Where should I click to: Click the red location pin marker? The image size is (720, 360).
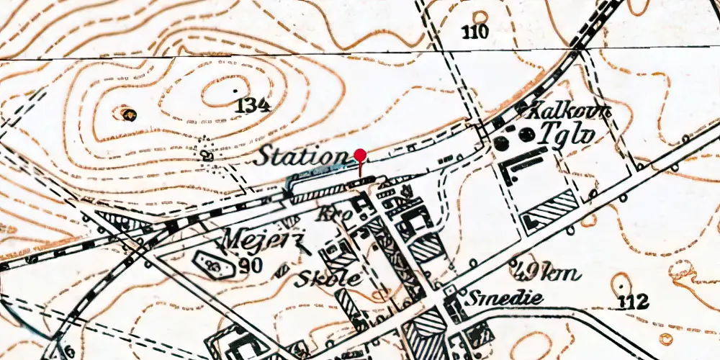tap(361, 155)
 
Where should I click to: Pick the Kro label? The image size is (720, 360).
tap(333, 214)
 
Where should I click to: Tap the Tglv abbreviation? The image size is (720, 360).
tap(570, 135)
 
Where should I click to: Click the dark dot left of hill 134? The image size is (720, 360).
tap(128, 113)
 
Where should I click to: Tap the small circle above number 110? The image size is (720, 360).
tap(480, 16)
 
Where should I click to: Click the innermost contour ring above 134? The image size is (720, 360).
tap(225, 92)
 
